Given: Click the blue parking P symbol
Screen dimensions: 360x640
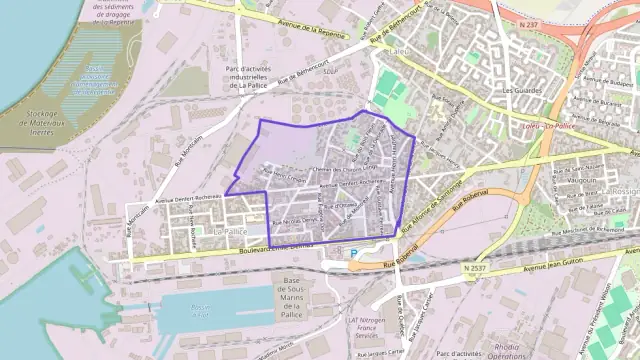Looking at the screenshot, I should (352, 252).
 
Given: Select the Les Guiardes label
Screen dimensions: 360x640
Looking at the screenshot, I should (520, 89).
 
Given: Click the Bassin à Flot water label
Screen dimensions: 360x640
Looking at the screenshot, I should (201, 309).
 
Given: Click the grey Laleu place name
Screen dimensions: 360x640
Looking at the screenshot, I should (400, 49).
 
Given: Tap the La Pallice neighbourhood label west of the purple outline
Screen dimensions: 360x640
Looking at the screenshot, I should (231, 230).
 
